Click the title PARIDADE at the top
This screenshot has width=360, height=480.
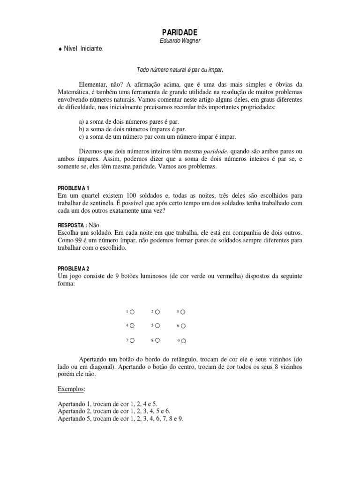tap(180, 32)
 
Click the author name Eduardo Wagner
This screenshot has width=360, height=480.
tap(180, 41)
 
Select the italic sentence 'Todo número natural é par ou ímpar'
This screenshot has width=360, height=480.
tap(180, 69)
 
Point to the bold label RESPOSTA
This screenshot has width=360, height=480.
tap(71, 225)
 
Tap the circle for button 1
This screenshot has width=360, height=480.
tap(132, 311)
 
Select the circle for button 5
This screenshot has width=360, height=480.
tap(157, 325)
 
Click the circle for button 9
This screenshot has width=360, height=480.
tap(183, 340)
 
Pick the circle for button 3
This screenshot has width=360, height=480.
tap(183, 311)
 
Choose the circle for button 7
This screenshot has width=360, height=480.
tap(132, 340)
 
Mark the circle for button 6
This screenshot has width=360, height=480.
tap(183, 325)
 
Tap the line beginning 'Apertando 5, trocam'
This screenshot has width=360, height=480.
tap(120, 419)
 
